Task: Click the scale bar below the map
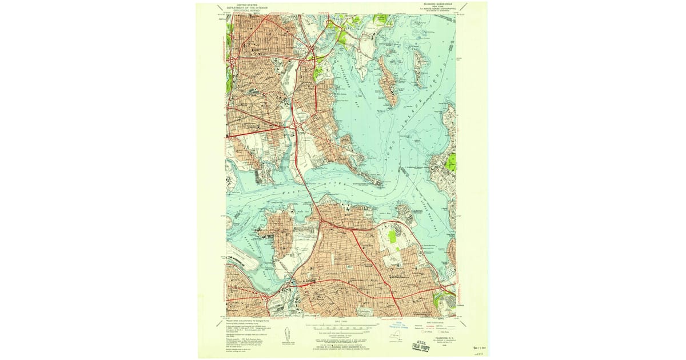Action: coord(342,328)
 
